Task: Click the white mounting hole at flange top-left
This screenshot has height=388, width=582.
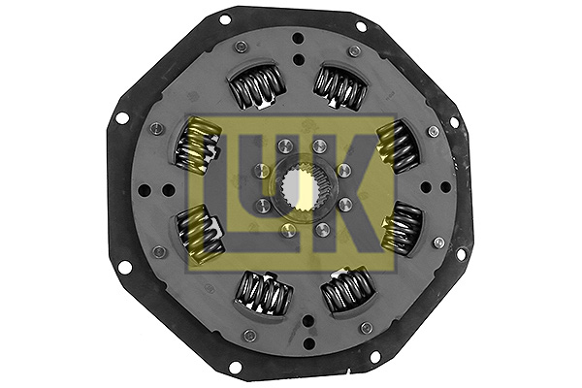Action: pos(225,18)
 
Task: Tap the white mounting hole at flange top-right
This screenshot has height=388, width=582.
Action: pos(361,25)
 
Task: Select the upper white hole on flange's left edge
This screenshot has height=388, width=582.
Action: pos(122,117)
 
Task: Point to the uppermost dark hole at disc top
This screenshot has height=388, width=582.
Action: pos(298,39)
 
